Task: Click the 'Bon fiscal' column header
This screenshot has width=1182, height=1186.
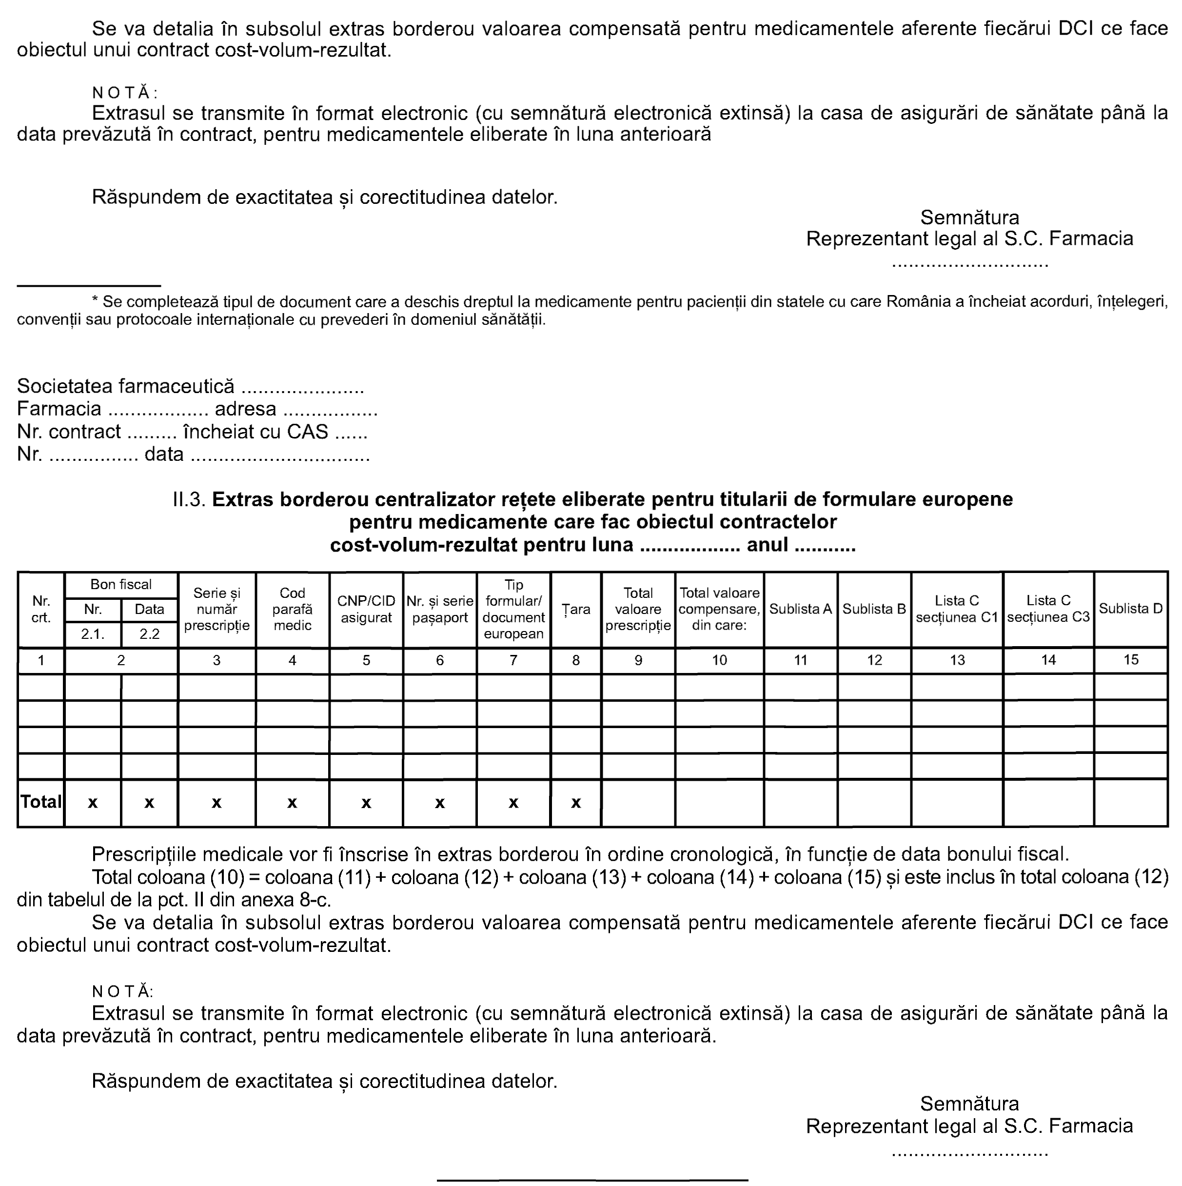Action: click(x=121, y=584)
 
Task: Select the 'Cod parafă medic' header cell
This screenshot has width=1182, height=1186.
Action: click(x=292, y=609)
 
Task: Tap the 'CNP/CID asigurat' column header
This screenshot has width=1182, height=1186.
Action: click(x=366, y=610)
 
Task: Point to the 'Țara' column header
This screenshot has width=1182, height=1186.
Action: click(x=576, y=610)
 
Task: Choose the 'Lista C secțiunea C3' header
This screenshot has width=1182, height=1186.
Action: click(x=1048, y=609)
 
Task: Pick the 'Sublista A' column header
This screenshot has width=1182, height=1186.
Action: click(x=800, y=609)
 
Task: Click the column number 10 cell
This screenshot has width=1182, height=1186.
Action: click(x=719, y=660)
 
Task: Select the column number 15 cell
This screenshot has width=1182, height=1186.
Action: click(x=1130, y=660)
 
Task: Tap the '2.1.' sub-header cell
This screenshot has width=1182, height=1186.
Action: click(x=93, y=634)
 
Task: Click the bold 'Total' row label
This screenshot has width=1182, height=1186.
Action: click(x=41, y=802)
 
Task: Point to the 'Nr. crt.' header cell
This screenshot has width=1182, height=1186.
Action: click(x=41, y=609)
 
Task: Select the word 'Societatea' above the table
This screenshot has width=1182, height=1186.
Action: click(x=64, y=386)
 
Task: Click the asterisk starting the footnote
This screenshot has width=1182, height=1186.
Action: click(x=95, y=301)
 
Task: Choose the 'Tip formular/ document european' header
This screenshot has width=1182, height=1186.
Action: click(x=513, y=609)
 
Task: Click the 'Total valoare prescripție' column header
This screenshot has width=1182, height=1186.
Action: click(x=638, y=609)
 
